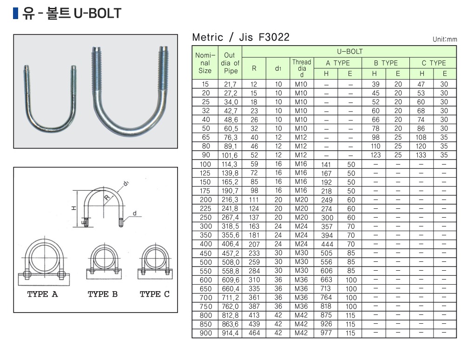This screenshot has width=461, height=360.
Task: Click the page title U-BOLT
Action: pos(97,13)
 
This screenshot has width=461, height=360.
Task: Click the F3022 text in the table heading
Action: pos(274,37)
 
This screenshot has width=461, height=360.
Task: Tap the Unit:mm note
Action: pos(445,40)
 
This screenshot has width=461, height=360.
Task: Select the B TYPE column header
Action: pos(385,63)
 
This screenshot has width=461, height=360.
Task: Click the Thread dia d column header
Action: pos(302,68)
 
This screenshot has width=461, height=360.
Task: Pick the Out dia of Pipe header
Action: pos(230,63)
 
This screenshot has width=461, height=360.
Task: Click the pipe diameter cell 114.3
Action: pos(230,164)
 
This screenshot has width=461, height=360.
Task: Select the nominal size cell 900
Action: pos(205,333)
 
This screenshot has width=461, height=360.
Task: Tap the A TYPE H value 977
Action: pos(326,333)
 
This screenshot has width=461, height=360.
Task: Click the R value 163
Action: pos(254,227)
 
